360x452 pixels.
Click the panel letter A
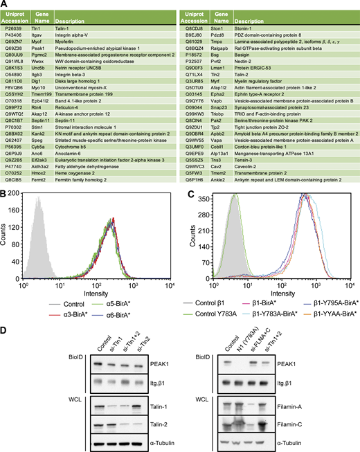[x=5, y=5]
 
